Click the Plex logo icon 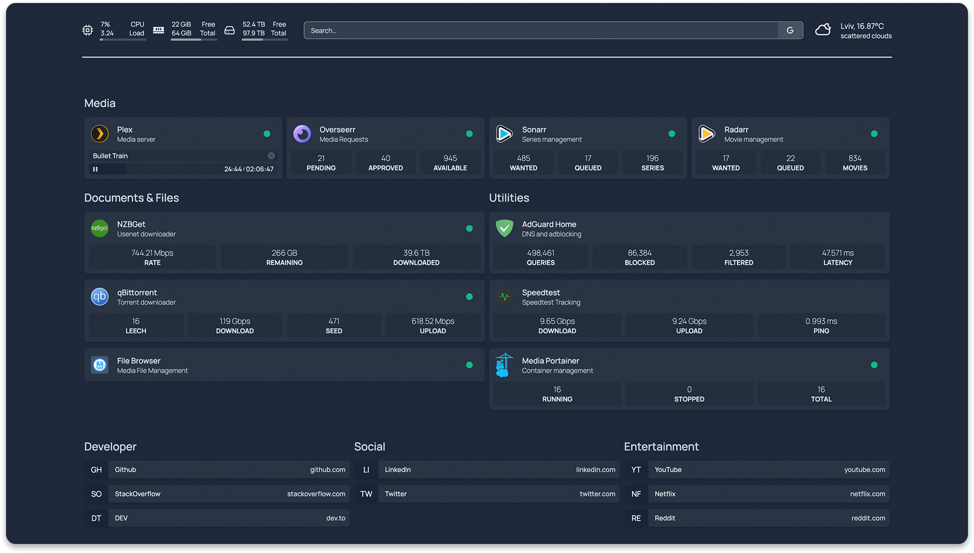pyautogui.click(x=100, y=134)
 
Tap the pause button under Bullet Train pyautogui.click(x=95, y=169)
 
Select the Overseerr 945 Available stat pyautogui.click(x=450, y=163)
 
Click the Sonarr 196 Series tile pyautogui.click(x=652, y=163)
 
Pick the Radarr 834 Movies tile pyautogui.click(x=855, y=163)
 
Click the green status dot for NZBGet pyautogui.click(x=469, y=228)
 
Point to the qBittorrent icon pyautogui.click(x=100, y=297)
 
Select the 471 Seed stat pyautogui.click(x=334, y=326)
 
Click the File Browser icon pyautogui.click(x=100, y=365)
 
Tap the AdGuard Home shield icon pyautogui.click(x=505, y=228)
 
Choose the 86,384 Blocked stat pyautogui.click(x=639, y=257)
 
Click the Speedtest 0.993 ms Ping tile pyautogui.click(x=821, y=326)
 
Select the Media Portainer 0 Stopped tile pyautogui.click(x=689, y=394)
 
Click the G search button pyautogui.click(x=790, y=31)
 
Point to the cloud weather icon pyautogui.click(x=823, y=30)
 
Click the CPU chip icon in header pyautogui.click(x=88, y=30)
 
